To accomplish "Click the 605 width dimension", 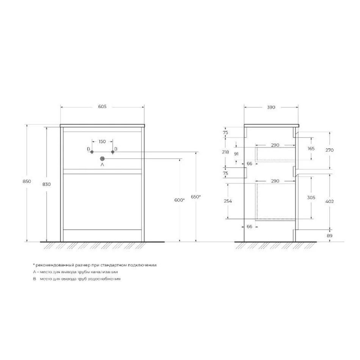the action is coord(102,106).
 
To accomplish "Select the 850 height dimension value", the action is coord(27,182).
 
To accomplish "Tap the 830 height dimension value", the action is coord(46,184).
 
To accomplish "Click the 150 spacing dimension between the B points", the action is coord(102,141).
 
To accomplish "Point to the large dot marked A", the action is coord(102,159).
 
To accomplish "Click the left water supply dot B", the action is coord(92,152).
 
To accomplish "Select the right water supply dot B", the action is coord(113,152).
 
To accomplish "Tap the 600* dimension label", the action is coord(179,200).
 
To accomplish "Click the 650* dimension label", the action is coord(196,197).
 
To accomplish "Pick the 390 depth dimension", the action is coord(271,107).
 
